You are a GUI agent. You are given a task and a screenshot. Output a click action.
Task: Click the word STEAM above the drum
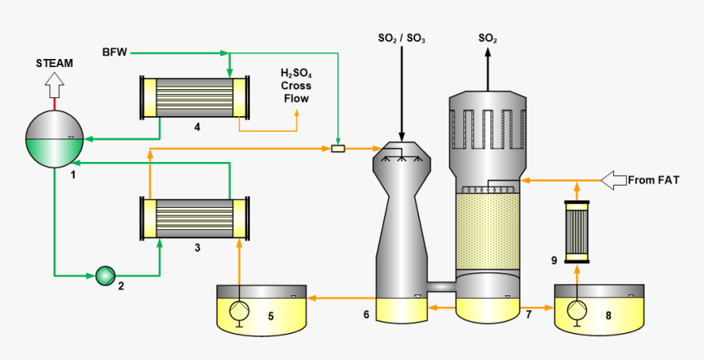[55, 63]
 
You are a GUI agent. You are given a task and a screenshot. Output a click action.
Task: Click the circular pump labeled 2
[105, 275]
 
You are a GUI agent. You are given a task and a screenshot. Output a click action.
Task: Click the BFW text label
[114, 53]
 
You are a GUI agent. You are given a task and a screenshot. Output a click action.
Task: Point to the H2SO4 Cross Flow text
[296, 86]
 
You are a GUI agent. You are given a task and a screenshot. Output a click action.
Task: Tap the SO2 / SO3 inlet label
[401, 38]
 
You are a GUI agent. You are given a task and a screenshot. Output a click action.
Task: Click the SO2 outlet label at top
[488, 38]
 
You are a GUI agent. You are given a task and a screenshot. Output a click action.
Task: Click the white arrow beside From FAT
[612, 179]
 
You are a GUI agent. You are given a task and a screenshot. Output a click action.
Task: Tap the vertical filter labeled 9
[577, 232]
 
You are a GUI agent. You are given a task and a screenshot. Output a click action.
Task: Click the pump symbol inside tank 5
[239, 313]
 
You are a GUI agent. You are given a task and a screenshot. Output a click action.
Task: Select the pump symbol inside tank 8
[577, 312]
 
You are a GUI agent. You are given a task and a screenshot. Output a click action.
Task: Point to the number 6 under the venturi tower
[367, 314]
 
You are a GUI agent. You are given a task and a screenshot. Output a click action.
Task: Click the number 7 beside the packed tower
[529, 314]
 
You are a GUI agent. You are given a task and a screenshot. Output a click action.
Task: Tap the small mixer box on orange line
[338, 149]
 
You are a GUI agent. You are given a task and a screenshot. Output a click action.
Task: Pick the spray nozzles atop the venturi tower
[401, 155]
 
